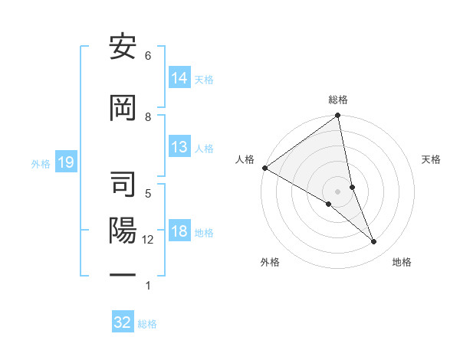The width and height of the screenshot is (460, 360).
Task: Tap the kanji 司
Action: [x=123, y=184]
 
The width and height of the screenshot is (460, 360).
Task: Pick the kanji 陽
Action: [x=123, y=231]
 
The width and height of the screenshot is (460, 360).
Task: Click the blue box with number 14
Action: [x=179, y=78]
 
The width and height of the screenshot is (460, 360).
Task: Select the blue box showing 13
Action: [x=179, y=147]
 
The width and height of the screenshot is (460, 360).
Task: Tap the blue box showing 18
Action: [x=179, y=232]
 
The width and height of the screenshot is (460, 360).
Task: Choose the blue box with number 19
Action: [x=65, y=162]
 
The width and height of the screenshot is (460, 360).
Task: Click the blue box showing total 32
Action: [x=123, y=322]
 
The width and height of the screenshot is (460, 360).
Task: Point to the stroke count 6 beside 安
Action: [x=148, y=56]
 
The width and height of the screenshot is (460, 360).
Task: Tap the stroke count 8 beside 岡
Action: [x=148, y=116]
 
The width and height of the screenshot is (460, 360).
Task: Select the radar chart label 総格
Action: [x=338, y=100]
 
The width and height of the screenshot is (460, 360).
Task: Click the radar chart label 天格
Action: [x=432, y=159]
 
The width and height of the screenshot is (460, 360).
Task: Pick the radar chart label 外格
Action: [x=270, y=262]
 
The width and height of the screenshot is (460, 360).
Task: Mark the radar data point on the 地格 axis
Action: [x=374, y=242]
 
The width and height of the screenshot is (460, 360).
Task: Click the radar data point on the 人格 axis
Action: [x=264, y=168]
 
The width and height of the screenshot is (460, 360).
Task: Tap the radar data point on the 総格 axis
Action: [x=338, y=116]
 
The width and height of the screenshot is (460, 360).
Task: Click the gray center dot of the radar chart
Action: [x=338, y=191]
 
